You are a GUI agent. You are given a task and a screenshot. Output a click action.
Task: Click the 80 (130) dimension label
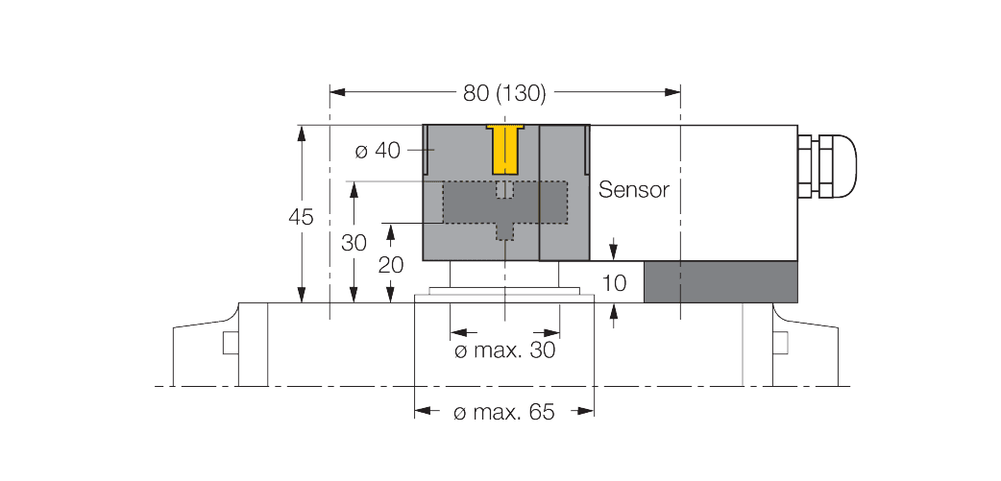point(503,93)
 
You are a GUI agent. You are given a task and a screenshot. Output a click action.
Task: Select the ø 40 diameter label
point(377,151)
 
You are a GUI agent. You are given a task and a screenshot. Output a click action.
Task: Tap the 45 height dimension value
point(302,218)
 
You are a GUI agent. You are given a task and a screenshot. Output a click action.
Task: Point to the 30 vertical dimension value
point(354,243)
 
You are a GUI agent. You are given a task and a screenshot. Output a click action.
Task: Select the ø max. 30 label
point(504,351)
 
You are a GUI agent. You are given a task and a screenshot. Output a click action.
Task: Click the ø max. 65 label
point(503,413)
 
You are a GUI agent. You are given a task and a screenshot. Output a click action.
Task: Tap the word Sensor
point(633,190)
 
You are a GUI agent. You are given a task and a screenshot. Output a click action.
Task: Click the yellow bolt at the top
point(503,148)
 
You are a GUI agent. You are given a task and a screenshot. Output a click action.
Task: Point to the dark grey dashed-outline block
point(503,203)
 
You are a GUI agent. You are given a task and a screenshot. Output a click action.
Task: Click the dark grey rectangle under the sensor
point(720,281)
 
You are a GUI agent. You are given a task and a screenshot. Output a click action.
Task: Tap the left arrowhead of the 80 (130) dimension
point(336,93)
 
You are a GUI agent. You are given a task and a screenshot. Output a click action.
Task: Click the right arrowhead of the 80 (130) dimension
point(673,93)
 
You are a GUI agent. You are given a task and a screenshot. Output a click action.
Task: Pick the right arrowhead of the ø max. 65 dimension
point(585,412)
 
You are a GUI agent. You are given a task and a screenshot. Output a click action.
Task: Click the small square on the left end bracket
point(230,342)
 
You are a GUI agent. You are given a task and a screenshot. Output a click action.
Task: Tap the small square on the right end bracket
point(781,342)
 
